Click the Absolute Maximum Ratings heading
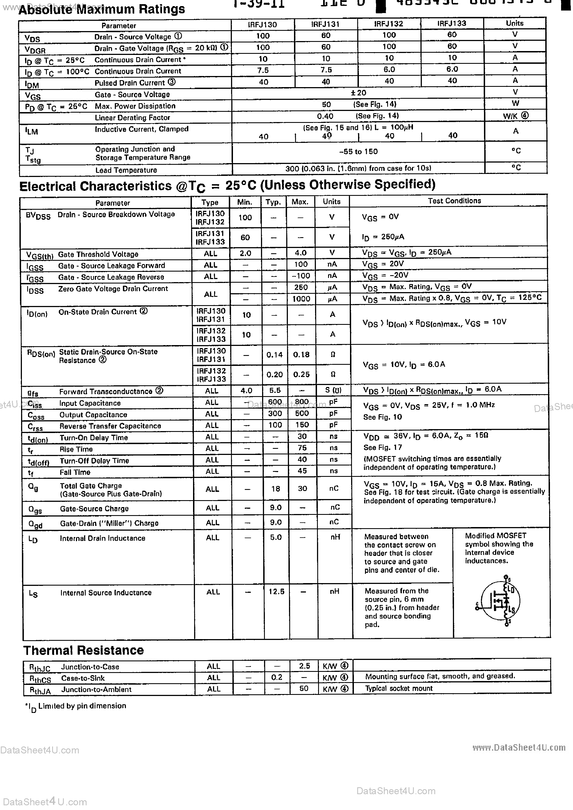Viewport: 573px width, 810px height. pyautogui.click(x=102, y=9)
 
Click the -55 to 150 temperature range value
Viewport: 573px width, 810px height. pyautogui.click(x=358, y=152)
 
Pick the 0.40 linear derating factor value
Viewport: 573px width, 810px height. pyautogui.click(x=325, y=116)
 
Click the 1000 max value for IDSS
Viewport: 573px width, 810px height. pyautogui.click(x=301, y=299)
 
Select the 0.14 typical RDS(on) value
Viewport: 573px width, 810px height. pyautogui.click(x=275, y=355)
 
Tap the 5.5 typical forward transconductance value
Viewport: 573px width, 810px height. pyautogui.click(x=275, y=390)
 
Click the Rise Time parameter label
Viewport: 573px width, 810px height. pyautogui.click(x=76, y=449)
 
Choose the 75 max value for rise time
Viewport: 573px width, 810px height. pyautogui.click(x=302, y=448)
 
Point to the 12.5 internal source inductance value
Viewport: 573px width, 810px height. pyautogui.click(x=276, y=591)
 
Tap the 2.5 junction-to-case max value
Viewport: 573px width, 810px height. pyautogui.click(x=304, y=666)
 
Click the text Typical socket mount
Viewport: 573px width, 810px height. pyautogui.click(x=399, y=688)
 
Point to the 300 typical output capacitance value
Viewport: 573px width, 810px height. pyautogui.click(x=275, y=414)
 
